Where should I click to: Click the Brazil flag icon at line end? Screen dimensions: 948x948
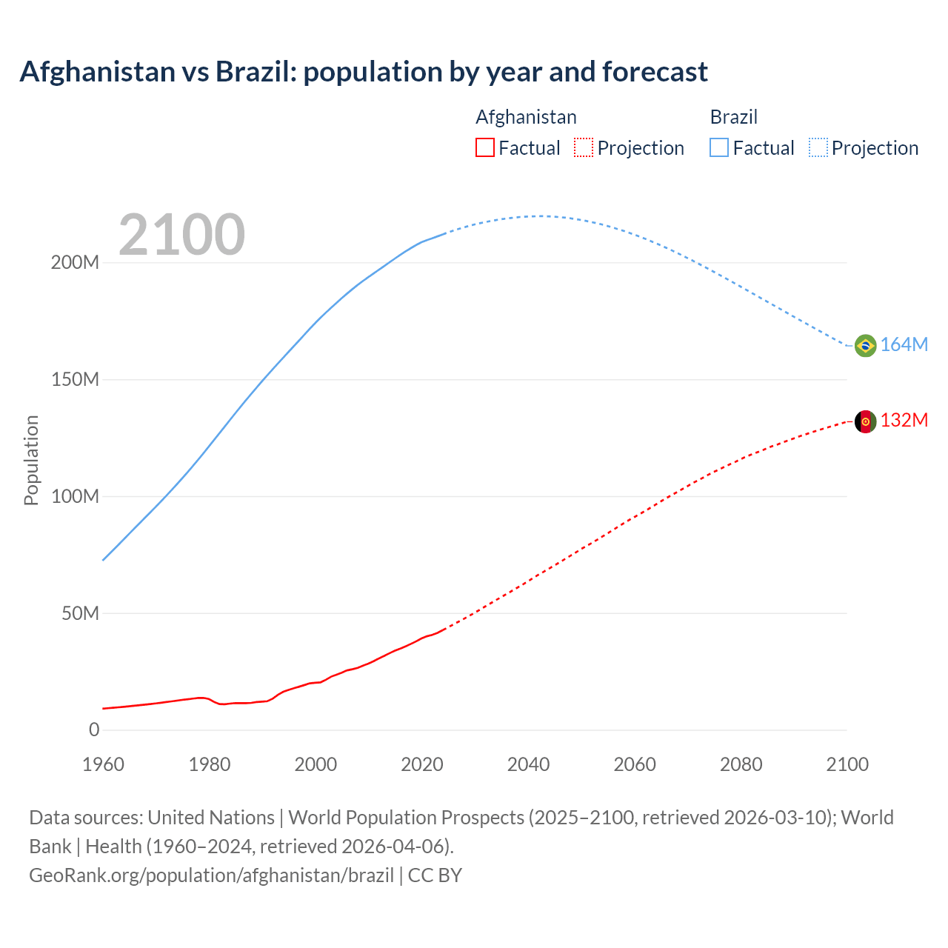pos(865,345)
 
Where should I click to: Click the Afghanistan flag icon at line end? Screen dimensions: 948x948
pos(865,421)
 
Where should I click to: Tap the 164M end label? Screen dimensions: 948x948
pos(904,344)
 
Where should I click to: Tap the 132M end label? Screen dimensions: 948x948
pos(904,420)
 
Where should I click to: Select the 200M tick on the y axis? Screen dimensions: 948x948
pos(75,262)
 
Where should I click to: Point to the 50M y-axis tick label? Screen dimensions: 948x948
pos(80,613)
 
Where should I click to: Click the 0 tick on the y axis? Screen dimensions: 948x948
pos(93,730)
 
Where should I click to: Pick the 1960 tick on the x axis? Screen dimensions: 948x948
pos(104,764)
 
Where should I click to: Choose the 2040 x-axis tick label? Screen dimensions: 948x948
pos(528,764)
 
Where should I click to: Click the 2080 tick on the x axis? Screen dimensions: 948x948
pos(741,764)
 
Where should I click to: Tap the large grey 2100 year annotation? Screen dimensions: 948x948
pos(181,235)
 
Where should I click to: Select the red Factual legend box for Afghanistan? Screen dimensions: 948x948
pos(484,147)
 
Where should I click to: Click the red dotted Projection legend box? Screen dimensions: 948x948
pos(584,147)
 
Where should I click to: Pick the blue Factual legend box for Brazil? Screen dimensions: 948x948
pos(719,147)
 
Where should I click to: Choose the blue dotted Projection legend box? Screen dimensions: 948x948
pos(818,147)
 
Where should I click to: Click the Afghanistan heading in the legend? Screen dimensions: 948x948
pos(526,117)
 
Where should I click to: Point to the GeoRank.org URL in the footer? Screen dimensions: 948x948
pos(211,875)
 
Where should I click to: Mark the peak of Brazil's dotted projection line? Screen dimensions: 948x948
pos(539,216)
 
